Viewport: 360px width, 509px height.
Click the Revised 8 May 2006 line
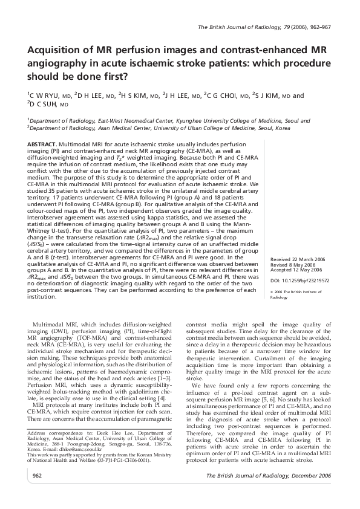[x=286, y=264]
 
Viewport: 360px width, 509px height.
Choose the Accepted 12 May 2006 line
[x=288, y=270]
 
